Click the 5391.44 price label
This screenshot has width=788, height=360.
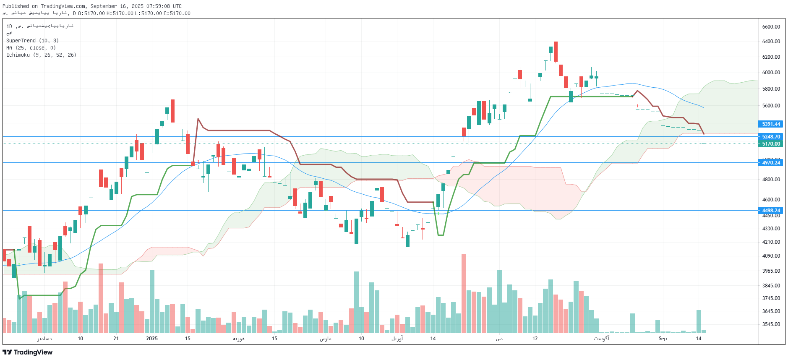[771, 124]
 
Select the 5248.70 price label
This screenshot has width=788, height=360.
[771, 137]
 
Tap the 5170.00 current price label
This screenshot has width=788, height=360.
[771, 144]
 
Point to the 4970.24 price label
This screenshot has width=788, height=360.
[771, 163]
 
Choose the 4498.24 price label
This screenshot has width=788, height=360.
[771, 211]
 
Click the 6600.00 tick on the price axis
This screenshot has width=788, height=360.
[771, 27]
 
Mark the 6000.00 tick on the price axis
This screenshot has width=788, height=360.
[771, 73]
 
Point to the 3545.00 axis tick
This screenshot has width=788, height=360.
[771, 324]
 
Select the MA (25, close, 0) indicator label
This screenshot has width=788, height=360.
[31, 48]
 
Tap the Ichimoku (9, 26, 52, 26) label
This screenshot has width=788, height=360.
[41, 55]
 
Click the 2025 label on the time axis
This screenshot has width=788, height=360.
[152, 339]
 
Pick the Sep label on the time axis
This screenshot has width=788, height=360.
[663, 339]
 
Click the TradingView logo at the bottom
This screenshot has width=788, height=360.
[28, 352]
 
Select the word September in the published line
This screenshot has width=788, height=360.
[104, 6]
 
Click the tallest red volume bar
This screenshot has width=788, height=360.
[464, 293]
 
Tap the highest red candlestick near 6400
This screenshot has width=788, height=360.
[556, 52]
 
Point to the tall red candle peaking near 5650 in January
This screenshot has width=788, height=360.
[172, 111]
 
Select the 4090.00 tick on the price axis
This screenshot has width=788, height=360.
[771, 256]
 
